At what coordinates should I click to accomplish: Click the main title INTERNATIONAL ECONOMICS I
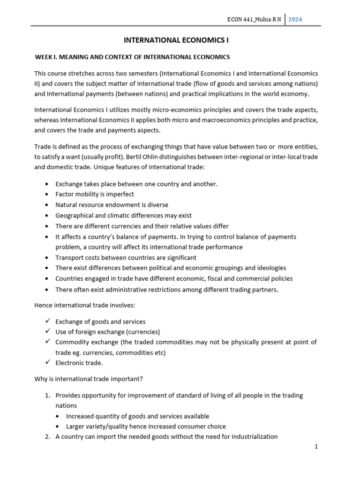[x=176, y=41]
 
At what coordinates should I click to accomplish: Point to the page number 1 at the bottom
[x=316, y=447]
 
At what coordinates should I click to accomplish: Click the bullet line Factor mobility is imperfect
[x=94, y=194]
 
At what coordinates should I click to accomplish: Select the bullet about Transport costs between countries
[x=126, y=258]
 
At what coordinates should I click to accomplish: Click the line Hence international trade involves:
[x=84, y=305]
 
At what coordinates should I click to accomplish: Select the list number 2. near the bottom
[x=48, y=436]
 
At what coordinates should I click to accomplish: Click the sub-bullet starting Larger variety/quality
[x=146, y=426]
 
